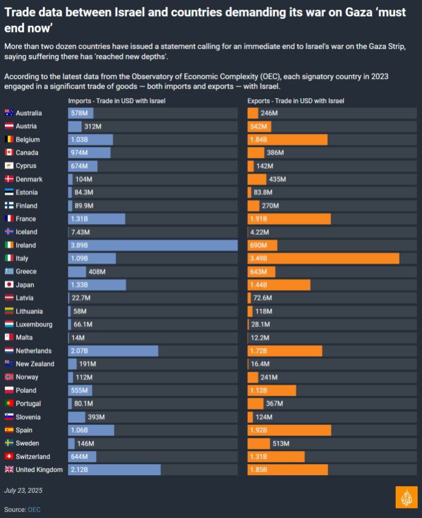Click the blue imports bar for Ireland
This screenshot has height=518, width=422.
pos(152,245)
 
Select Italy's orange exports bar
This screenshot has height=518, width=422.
pos(323,258)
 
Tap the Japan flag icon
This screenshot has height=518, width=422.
pos(9,285)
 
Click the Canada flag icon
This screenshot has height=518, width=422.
pos(9,152)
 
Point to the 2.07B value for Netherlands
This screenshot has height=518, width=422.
pos(79,351)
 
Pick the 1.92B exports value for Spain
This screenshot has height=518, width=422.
pos(259,430)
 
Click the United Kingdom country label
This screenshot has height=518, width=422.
pos(39,470)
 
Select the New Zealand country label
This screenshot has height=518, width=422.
pos(35,364)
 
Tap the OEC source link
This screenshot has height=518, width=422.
pos(34,510)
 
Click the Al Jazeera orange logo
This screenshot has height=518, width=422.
pos(406,497)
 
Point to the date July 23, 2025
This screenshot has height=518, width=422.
pos(23,490)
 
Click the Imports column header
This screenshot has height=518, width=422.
pos(116,101)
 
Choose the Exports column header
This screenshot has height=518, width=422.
pos(295,101)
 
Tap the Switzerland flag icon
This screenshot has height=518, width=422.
pos(9,457)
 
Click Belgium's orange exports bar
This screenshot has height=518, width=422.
pos(287,139)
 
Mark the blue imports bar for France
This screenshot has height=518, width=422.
pos(96,219)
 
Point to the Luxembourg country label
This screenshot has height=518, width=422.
pos(34,325)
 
